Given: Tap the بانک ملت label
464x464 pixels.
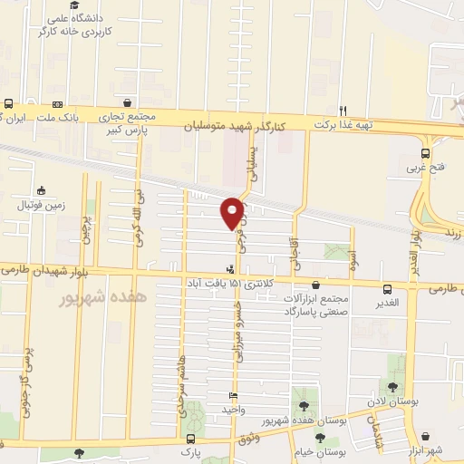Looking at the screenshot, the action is point(92,118).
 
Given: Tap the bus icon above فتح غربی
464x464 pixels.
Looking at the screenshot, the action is point(426,153).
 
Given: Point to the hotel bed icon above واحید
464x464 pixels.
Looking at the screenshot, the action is point(234,396).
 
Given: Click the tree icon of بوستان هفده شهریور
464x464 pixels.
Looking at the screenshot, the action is point(302,406).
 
